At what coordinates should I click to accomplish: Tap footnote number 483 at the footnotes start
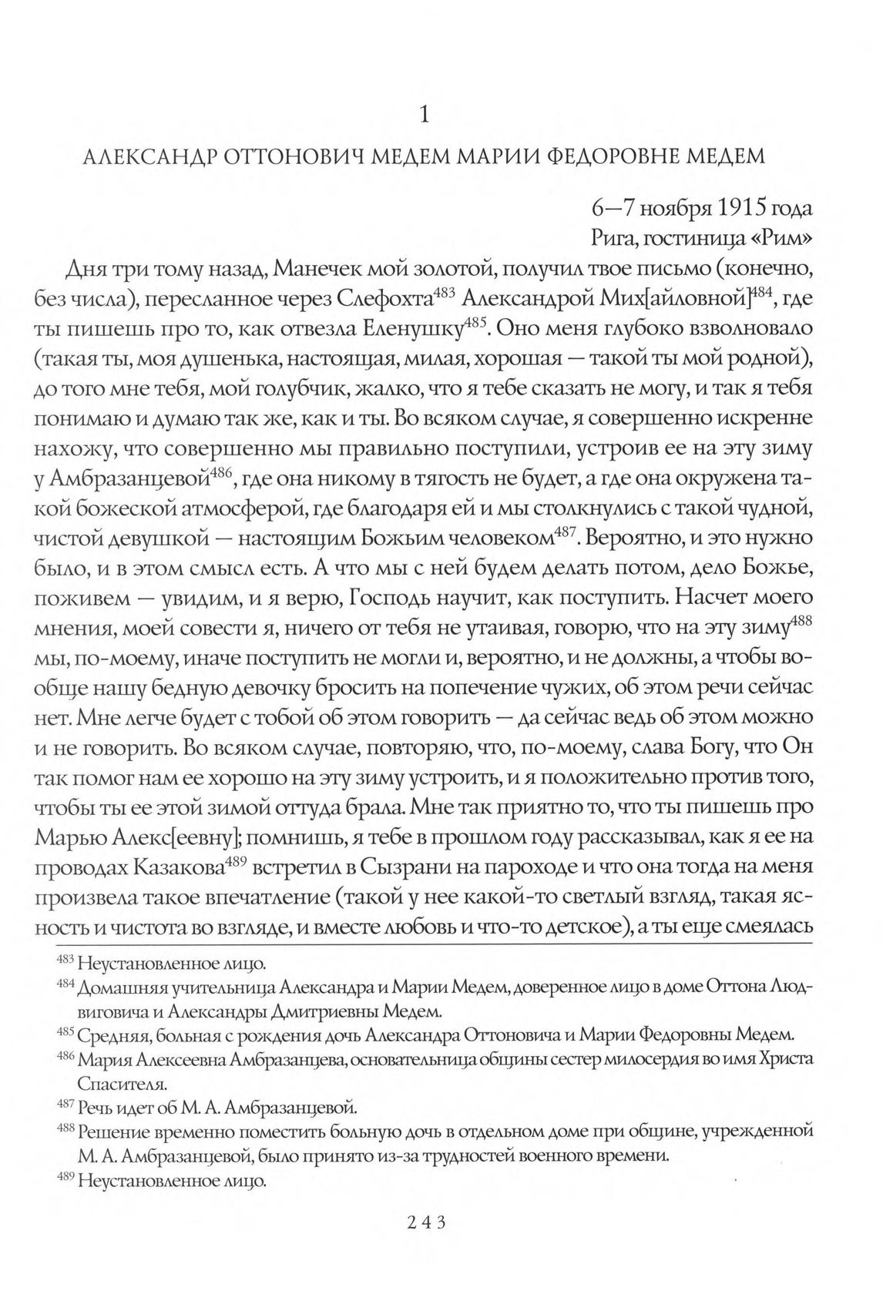pyautogui.click(x=67, y=961)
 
